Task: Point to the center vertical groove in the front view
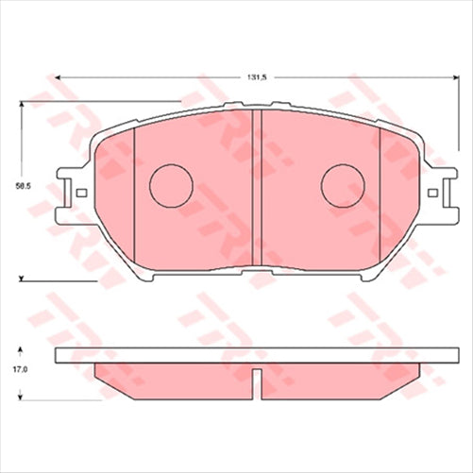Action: point(257,189)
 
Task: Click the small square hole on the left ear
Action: point(80,194)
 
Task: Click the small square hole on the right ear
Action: point(432,193)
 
